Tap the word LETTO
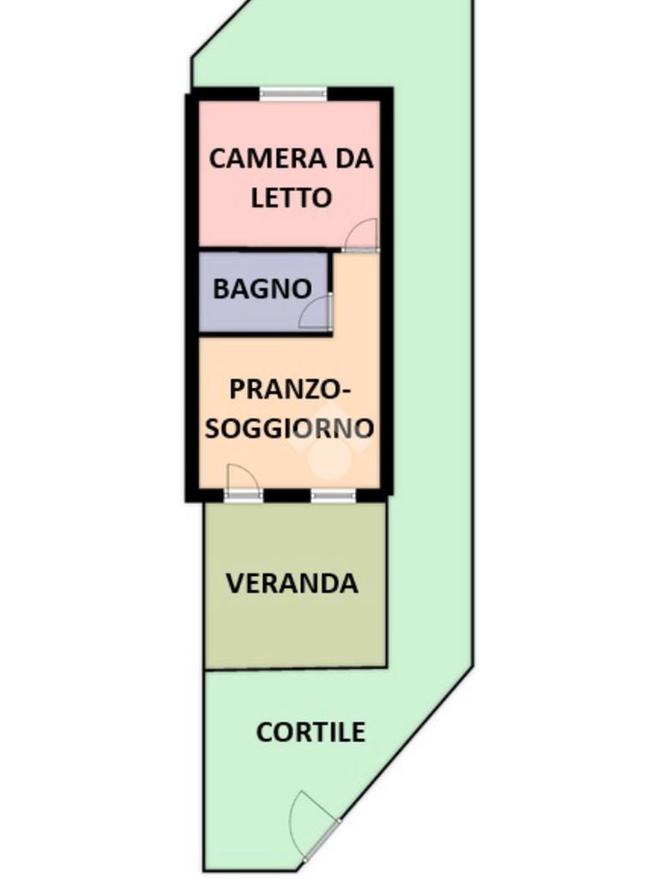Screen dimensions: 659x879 (x=292, y=197)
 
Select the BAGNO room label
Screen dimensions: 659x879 (x=262, y=289)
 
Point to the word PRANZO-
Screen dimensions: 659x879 (x=291, y=389)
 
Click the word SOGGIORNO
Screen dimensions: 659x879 (x=289, y=428)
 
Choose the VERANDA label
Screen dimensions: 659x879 (x=292, y=584)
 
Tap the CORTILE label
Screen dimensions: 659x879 (x=311, y=732)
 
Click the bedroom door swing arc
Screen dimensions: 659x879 (x=362, y=234)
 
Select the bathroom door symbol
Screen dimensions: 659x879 (x=316, y=313)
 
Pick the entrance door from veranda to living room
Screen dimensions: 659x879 (x=243, y=482)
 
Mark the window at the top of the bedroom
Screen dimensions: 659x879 (x=293, y=94)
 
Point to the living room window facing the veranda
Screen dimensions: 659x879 (x=333, y=495)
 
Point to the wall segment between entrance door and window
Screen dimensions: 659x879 (x=287, y=495)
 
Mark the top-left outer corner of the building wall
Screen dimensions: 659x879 (x=188, y=90)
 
